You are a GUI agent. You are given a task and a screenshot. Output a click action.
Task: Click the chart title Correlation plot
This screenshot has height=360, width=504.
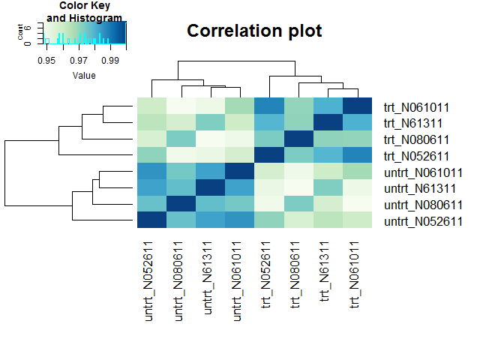coord(254,31)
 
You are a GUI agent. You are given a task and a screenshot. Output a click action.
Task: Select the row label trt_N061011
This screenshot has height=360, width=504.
coord(416,107)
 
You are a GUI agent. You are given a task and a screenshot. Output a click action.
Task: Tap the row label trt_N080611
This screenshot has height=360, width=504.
coord(416,139)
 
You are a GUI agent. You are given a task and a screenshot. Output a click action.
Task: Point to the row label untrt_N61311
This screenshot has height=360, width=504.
coord(420,189)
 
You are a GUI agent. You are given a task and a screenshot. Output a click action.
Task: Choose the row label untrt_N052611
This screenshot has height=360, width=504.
coord(423,221)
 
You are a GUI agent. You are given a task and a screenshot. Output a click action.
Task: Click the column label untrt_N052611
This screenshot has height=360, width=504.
coord(149,281)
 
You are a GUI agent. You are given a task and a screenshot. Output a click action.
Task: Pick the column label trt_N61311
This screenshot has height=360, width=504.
coord(325,271)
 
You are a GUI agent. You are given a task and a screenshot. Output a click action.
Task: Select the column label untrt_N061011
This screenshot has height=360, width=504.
coord(237,281)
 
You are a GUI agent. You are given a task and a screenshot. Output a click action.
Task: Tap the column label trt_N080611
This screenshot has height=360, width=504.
coord(295,275)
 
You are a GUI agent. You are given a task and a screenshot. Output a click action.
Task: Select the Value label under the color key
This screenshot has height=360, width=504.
coord(84,76)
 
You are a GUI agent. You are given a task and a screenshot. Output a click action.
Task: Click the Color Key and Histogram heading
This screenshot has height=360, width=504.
coord(85,11)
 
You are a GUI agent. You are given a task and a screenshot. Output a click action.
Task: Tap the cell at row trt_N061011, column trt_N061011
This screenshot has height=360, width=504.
coord(358,106)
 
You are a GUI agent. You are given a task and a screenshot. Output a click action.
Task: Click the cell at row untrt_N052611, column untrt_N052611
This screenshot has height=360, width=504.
coord(151,220)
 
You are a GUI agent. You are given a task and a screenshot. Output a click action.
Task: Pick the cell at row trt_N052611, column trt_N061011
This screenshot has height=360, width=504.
coord(358,155)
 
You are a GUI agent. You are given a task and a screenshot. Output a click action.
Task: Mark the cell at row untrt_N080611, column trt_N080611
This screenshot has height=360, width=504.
coord(298,203)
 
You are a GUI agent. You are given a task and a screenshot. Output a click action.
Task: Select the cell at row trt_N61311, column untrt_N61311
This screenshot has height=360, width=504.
coord(210,122)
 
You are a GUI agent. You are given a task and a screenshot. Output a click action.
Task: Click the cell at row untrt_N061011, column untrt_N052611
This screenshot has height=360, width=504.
coord(151,171)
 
